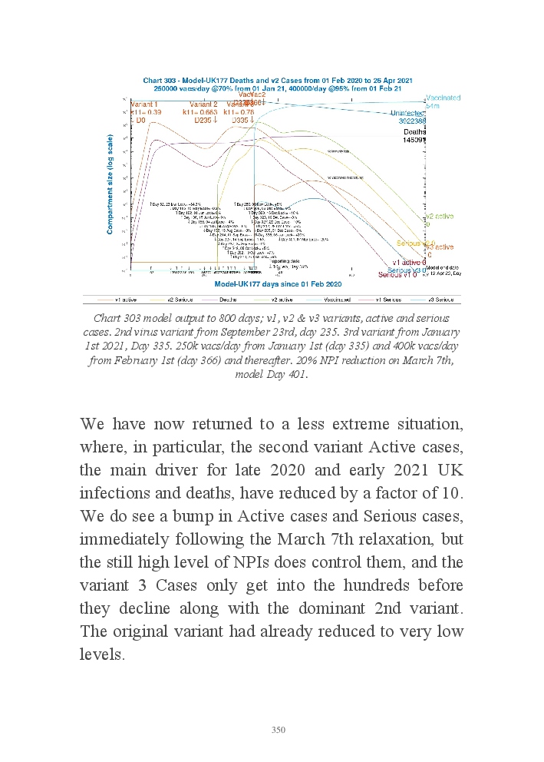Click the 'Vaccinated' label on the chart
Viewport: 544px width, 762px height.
click(443, 98)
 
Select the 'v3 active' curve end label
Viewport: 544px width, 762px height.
click(440, 247)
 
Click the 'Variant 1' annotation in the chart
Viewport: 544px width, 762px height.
click(144, 104)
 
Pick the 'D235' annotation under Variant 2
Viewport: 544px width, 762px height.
click(206, 120)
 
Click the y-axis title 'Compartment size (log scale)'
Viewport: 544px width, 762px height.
click(111, 184)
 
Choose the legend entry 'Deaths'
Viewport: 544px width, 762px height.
click(229, 299)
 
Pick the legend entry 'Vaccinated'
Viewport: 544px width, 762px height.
click(336, 299)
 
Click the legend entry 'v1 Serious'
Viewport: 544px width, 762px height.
click(390, 299)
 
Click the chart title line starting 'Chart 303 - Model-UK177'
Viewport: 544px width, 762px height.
click(278, 81)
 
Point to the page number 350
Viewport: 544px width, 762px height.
click(278, 729)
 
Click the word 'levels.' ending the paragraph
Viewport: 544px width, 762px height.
click(102, 655)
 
